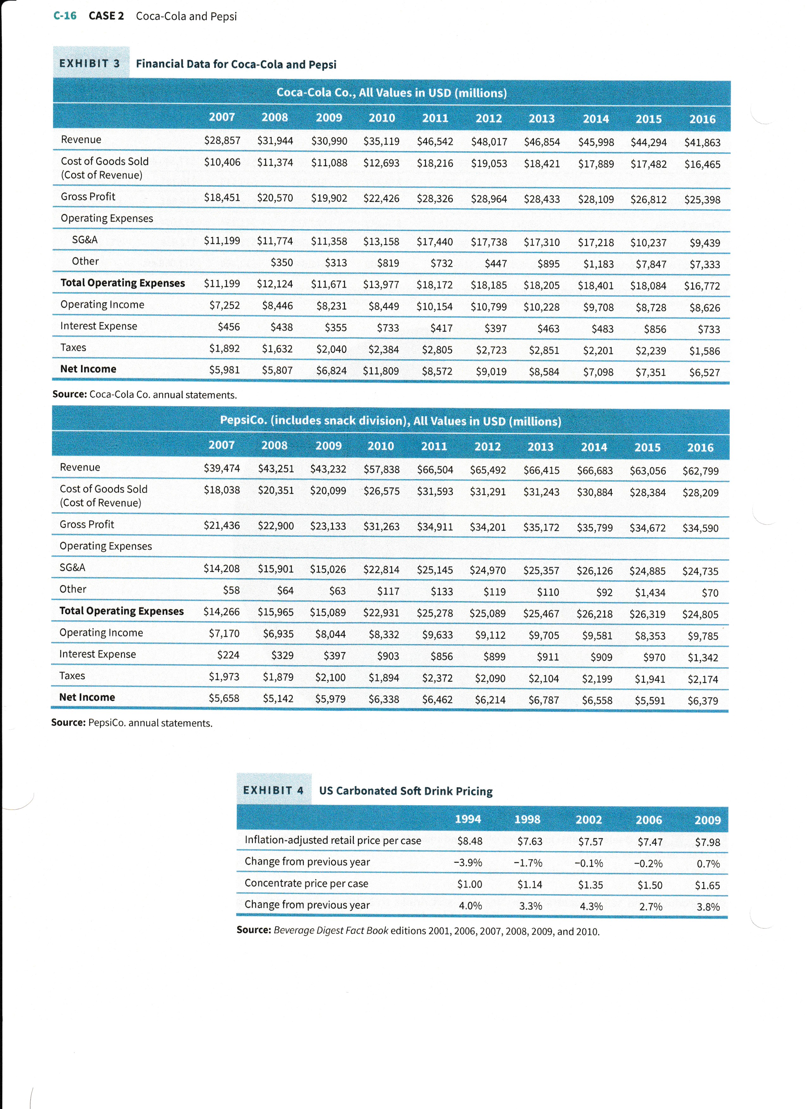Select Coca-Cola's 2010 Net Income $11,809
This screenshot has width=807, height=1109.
click(x=381, y=371)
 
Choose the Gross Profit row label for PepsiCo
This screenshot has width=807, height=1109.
click(x=86, y=524)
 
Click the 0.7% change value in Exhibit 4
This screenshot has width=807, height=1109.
click(x=708, y=863)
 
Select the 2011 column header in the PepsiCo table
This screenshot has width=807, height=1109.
click(x=434, y=446)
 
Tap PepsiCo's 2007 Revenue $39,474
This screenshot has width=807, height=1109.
click(x=222, y=468)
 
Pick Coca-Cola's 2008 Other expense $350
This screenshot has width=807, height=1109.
click(x=282, y=263)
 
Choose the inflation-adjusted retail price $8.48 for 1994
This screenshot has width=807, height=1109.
click(x=469, y=841)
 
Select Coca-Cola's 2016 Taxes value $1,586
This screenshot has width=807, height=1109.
click(x=704, y=351)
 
